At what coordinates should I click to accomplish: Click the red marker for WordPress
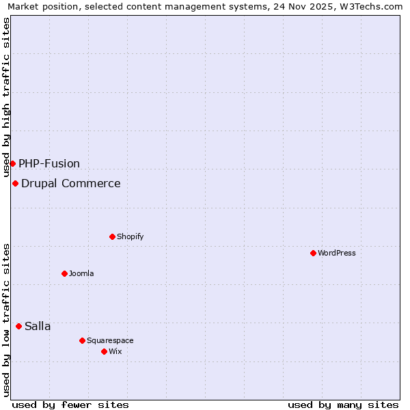[313, 253]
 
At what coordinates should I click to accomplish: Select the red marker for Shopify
[112, 236]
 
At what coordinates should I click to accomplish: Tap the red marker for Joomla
[64, 273]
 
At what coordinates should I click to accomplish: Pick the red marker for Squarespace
[82, 340]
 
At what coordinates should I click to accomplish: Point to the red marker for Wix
[104, 351]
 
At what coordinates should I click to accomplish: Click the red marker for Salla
[18, 326]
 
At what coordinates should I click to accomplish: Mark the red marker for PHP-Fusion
[12, 163]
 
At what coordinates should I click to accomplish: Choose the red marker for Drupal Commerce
[15, 183]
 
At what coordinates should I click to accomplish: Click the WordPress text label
[337, 253]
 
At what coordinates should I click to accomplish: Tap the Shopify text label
[130, 236]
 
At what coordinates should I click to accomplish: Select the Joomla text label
[81, 273]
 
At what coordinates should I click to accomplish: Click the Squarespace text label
[110, 340]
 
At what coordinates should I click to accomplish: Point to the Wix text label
[115, 351]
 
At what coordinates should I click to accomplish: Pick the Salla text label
[38, 326]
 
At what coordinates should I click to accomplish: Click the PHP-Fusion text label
[49, 163]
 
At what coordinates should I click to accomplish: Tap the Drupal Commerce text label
[70, 183]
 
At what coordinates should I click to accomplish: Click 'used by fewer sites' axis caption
[70, 405]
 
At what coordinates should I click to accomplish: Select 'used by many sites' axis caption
[343, 405]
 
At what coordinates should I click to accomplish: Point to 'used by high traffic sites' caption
[7, 97]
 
